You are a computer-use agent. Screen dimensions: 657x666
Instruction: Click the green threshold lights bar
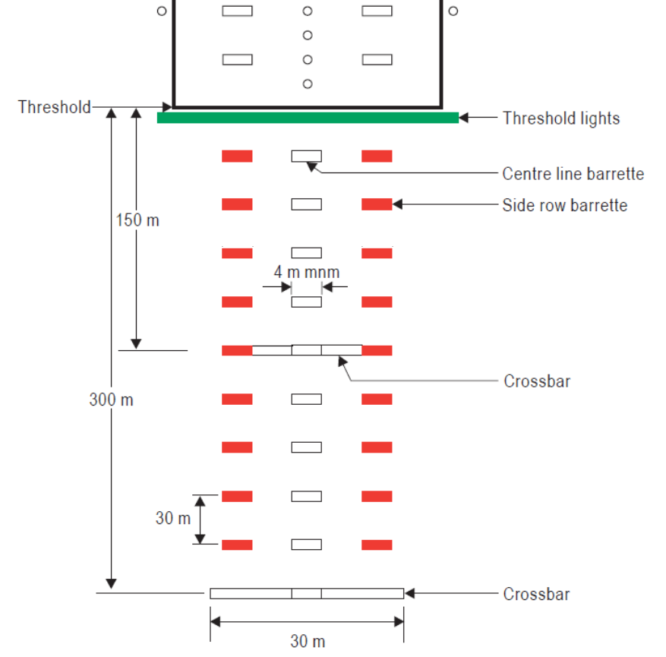308,118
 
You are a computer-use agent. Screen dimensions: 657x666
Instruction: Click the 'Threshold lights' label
561,118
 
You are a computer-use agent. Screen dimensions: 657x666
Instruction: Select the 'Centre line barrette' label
573,174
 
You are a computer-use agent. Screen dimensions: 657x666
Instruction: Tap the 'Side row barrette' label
564,205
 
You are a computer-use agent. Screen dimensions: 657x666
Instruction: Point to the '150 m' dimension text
137,220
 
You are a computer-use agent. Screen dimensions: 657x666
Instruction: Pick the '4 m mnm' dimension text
307,271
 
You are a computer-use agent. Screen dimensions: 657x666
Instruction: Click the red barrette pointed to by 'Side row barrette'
377,204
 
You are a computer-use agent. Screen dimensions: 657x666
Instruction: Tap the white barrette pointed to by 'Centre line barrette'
307,156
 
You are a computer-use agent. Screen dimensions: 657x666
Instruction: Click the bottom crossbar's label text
536,594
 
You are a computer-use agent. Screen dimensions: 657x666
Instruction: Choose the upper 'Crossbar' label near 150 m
537,381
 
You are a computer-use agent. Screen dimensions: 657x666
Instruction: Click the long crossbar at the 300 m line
307,593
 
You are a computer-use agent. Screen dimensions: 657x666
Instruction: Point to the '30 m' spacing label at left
173,519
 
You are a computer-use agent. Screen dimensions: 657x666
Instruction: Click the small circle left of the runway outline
161,11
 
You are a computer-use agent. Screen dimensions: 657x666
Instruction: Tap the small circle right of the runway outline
453,11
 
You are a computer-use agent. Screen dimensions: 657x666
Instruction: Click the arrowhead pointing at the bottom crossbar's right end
409,593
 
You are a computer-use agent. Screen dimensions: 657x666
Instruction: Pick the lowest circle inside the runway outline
308,84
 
